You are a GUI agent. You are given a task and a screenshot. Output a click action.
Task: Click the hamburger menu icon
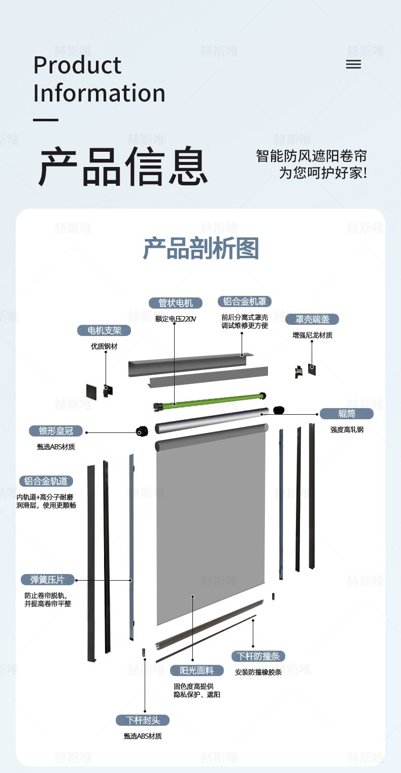[353, 64]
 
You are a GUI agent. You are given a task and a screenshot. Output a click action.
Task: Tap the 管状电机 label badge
[175, 303]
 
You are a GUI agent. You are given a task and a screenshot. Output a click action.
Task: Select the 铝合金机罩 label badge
[245, 301]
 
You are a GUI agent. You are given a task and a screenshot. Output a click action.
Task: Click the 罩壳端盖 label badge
[312, 319]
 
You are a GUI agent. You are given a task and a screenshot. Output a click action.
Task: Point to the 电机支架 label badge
[104, 330]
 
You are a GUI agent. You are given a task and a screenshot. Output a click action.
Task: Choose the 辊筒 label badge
[347, 414]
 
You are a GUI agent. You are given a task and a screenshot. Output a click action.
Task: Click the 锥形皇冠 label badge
[56, 431]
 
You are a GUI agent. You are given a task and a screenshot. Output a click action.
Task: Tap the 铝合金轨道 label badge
[46, 481]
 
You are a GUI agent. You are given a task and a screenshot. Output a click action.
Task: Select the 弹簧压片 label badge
[48, 580]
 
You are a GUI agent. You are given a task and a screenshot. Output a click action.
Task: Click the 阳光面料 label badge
[197, 670]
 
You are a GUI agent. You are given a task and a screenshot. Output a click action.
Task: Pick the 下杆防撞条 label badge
[258, 656]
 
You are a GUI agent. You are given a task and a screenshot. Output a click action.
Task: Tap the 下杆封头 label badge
[143, 720]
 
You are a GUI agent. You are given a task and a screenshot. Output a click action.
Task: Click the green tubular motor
[210, 401]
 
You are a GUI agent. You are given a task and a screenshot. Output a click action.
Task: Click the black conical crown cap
[142, 431]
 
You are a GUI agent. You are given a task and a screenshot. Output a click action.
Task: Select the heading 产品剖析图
[201, 248]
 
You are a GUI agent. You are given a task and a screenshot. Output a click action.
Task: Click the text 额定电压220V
[176, 319]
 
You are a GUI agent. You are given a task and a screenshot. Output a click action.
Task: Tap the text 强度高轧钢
[347, 429]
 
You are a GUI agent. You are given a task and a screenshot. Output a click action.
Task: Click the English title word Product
[77, 65]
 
